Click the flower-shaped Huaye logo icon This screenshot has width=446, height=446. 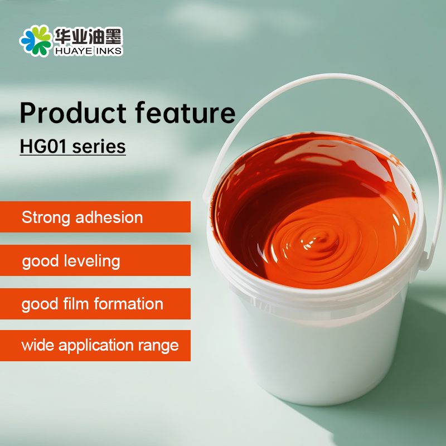(36, 40)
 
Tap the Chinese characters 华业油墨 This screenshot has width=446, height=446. (88, 36)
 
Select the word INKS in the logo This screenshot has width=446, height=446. (109, 51)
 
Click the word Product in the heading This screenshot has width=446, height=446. (73, 113)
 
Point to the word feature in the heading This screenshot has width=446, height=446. (185, 113)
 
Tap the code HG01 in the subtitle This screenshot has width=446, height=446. (43, 147)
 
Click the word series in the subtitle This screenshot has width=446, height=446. (99, 147)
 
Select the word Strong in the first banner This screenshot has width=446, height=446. (46, 218)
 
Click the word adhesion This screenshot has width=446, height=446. (109, 217)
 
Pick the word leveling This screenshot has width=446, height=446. (92, 261)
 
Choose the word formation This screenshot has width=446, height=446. (129, 303)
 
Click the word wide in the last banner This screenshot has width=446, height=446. (37, 345)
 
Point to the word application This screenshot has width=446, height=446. (96, 346)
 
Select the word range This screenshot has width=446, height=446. (158, 346)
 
